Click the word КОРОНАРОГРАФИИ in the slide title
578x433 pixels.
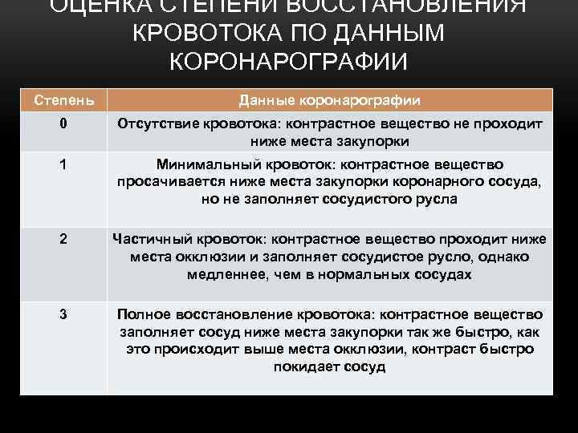pos(289,62)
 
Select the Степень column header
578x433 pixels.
pos(62,100)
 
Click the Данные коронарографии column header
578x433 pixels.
pos(329,100)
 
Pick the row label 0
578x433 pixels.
pos(62,124)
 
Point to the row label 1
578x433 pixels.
pos(62,164)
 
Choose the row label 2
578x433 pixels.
pos(62,239)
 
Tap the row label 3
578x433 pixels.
pos(62,314)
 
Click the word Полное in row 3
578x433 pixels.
pos(144,314)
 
